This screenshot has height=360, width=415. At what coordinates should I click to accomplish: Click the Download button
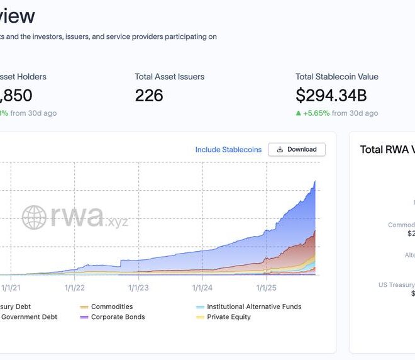pos(296,150)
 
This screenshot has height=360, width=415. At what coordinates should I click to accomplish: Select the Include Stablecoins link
pos(228,150)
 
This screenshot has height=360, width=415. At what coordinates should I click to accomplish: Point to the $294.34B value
pos(331,96)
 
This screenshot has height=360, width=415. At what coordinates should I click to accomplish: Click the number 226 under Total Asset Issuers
pos(149,96)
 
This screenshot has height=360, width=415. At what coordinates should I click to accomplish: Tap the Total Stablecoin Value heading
pos(337,77)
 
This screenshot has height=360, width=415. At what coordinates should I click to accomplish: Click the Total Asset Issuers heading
pos(169,77)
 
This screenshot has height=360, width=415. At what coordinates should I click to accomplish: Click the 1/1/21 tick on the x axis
pos(11,288)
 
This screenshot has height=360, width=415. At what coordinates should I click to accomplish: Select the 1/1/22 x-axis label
pos(74,288)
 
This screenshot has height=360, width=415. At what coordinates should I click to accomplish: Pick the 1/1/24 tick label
pos(202,288)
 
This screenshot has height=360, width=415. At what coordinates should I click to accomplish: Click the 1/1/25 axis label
pos(267,288)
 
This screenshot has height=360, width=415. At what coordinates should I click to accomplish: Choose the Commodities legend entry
pos(111,307)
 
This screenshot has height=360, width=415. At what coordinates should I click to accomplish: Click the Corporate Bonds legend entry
pos(118,317)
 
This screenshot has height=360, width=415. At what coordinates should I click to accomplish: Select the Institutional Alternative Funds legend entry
pos(254,307)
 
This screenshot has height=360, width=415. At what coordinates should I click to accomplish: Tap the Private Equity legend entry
pos(229,317)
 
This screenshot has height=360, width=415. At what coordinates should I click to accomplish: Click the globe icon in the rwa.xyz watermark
pos(35,218)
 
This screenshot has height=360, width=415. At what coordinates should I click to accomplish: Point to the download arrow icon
pos(280,150)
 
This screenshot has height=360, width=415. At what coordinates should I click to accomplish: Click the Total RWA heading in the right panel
pos(386,150)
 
